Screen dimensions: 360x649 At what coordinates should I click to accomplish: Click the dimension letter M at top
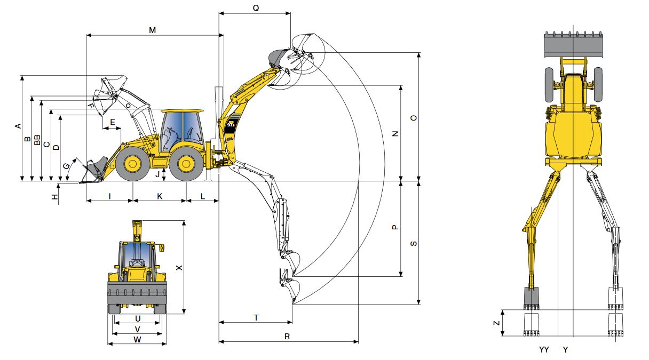click(152, 30)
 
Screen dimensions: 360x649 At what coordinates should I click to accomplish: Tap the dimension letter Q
click(256, 8)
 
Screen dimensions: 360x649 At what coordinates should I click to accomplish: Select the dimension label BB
click(37, 140)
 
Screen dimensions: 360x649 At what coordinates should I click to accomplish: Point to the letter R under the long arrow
click(287, 337)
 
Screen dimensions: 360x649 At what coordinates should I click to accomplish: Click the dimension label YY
click(544, 350)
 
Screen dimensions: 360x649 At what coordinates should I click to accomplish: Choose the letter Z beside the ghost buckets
click(496, 323)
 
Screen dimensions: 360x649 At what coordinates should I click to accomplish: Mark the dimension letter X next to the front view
click(179, 268)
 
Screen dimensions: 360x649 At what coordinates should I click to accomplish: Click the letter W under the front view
click(137, 339)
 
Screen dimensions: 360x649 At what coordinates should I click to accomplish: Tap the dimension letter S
click(413, 243)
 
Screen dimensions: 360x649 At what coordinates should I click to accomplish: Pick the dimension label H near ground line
click(54, 197)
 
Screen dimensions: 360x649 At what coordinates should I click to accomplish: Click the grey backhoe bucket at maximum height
click(278, 57)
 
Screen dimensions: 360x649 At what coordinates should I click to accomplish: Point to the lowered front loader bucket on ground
click(94, 170)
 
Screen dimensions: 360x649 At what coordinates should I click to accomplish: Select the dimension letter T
click(256, 317)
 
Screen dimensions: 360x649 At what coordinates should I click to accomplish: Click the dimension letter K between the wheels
click(159, 196)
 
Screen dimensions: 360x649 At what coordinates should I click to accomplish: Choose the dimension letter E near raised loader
click(112, 123)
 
